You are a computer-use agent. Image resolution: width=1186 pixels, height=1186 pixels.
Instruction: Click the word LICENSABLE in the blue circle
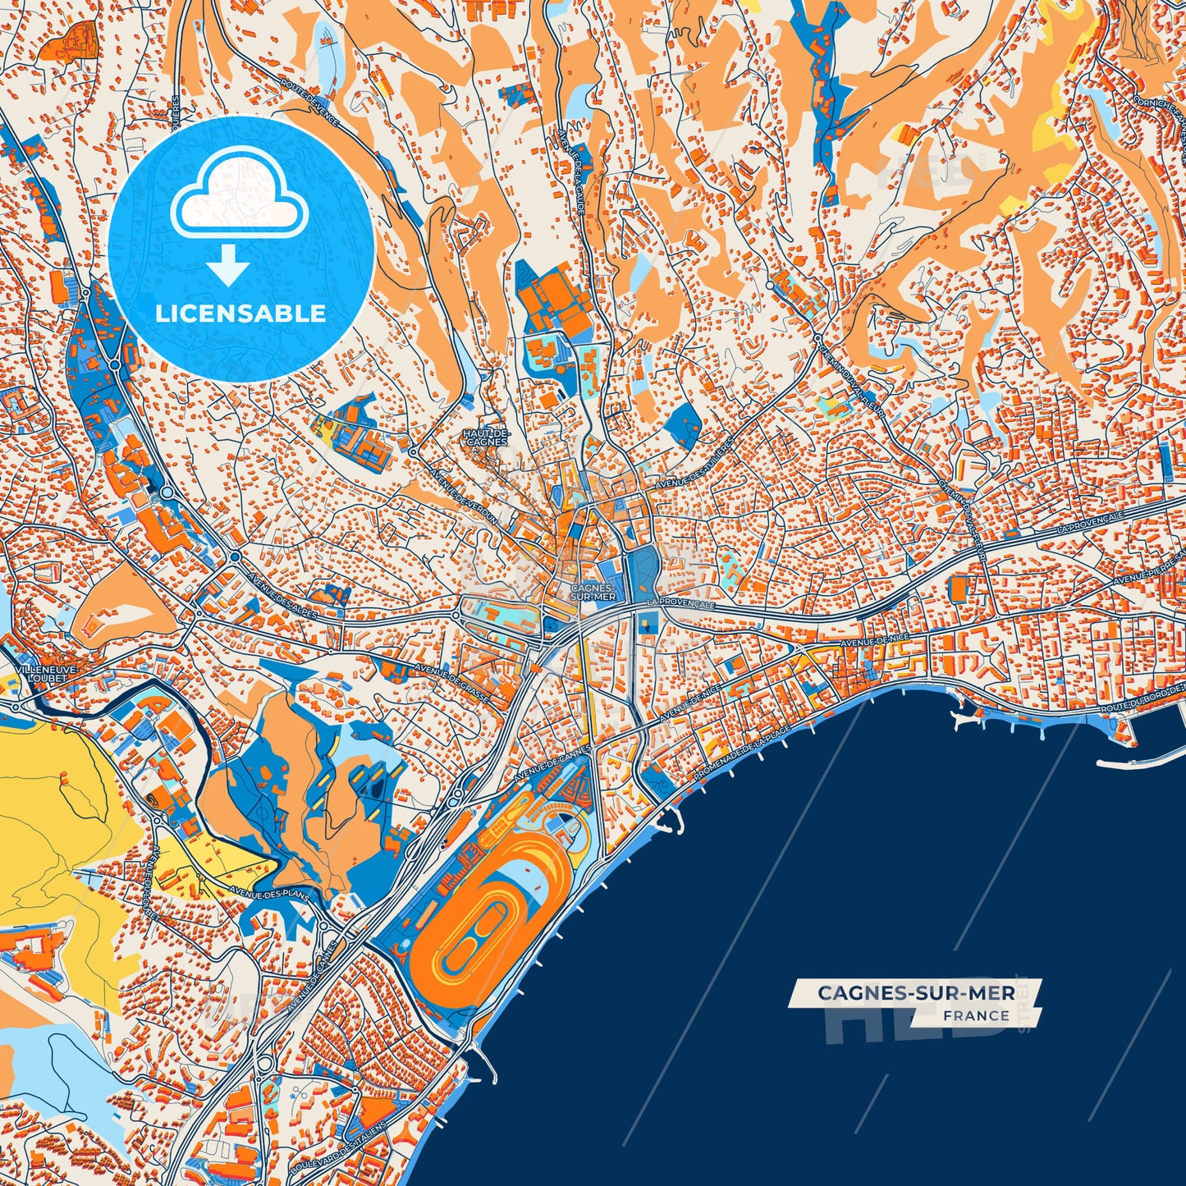(241, 314)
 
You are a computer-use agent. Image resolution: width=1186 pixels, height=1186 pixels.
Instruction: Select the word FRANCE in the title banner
(976, 1015)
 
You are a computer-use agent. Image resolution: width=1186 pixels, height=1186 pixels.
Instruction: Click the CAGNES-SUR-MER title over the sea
(916, 993)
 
